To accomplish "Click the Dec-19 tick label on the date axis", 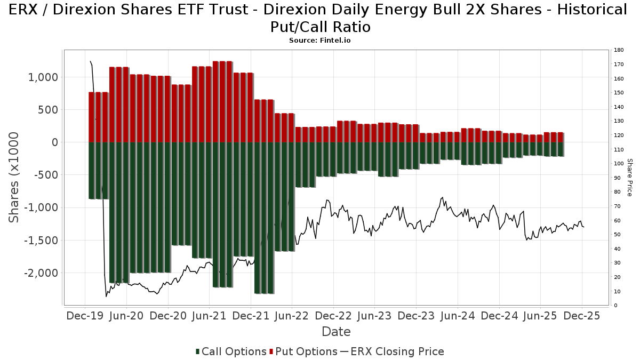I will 85,316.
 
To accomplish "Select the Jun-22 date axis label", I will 292,316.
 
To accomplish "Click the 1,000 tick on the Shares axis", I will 43,77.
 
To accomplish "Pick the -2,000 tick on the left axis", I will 41,273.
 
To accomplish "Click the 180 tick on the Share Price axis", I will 619,50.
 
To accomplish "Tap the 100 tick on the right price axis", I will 619,164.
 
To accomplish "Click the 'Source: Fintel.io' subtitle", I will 320,41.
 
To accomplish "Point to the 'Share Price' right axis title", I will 629,178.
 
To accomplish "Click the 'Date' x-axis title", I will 336,332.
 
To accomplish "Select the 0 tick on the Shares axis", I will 54,142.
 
